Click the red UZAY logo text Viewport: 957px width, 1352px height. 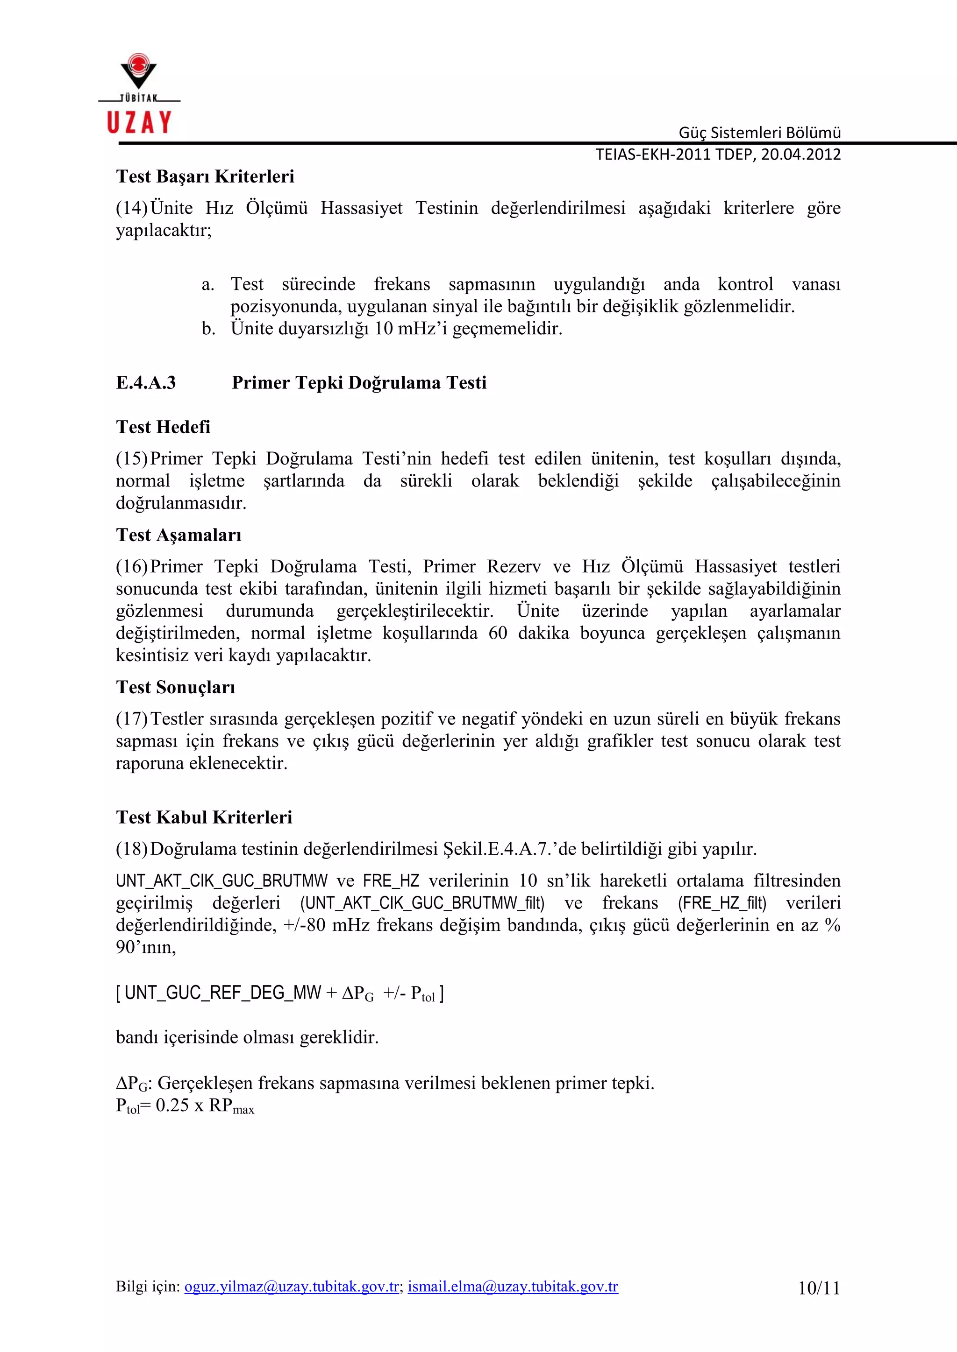tap(139, 122)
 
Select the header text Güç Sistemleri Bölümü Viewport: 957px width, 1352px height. tap(760, 133)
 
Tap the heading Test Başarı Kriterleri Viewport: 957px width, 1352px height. tap(205, 176)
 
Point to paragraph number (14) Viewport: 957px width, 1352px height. tap(131, 208)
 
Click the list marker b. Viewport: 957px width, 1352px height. tap(208, 329)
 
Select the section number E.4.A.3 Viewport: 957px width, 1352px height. tap(145, 383)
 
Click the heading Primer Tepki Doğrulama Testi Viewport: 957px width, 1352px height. tap(359, 383)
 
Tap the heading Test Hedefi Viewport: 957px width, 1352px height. tap(163, 427)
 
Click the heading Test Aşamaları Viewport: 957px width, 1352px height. tap(179, 535)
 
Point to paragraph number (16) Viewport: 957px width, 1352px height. tap(131, 566)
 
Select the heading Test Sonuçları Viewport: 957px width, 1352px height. tap(176, 687)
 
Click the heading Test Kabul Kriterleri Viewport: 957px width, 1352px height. tap(204, 817)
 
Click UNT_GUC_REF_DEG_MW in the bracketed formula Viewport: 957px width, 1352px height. tap(223, 993)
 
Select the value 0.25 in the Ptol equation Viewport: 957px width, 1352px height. tap(172, 1106)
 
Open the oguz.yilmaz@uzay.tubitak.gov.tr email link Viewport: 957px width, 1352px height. tap(292, 1287)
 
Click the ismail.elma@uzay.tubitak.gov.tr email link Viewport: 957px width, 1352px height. tap(513, 1287)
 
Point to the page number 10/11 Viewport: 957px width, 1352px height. tap(819, 1288)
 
